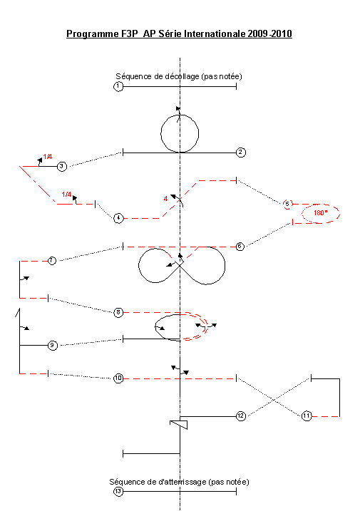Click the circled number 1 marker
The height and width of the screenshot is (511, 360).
pyautogui.click(x=118, y=87)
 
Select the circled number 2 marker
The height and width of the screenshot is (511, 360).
pyautogui.click(x=241, y=153)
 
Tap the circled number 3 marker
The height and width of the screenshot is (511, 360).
pyautogui.click(x=61, y=166)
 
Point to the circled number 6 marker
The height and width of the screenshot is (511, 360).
pyautogui.click(x=240, y=247)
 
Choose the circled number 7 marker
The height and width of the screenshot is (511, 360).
pyautogui.click(x=52, y=261)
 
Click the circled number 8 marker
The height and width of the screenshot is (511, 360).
pyautogui.click(x=118, y=313)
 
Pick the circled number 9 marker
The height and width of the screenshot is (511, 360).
pyautogui.click(x=53, y=345)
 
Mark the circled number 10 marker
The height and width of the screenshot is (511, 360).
pyautogui.click(x=118, y=378)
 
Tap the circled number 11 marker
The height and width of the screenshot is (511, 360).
pyautogui.click(x=307, y=415)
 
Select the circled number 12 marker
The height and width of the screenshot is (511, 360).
pyautogui.click(x=241, y=415)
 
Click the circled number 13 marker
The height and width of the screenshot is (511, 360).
pyautogui.click(x=118, y=491)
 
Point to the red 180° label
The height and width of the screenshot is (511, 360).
pyautogui.click(x=321, y=213)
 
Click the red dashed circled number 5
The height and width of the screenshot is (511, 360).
pyautogui.click(x=287, y=204)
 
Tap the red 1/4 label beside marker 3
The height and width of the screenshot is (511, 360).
pyautogui.click(x=48, y=156)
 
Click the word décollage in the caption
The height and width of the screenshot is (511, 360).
pyautogui.click(x=182, y=76)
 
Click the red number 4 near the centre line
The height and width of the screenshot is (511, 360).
pyautogui.click(x=165, y=198)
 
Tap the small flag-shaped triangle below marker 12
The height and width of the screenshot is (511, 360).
pyautogui.click(x=179, y=425)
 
